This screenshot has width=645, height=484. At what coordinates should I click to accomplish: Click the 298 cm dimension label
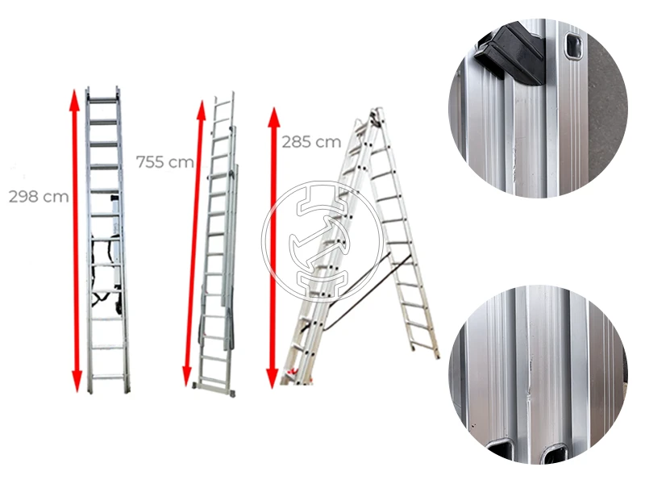[x=39, y=197]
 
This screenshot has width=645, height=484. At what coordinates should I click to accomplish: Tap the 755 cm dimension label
[x=165, y=162]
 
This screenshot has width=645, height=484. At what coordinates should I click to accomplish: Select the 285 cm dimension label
[x=311, y=142]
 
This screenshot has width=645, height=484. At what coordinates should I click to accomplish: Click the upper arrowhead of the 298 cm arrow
[x=74, y=98]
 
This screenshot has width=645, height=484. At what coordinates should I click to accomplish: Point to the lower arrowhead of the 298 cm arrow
[x=77, y=381]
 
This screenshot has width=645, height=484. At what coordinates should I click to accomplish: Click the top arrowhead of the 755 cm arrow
[x=201, y=110]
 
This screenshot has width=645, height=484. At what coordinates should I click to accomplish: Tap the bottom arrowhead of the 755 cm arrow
[x=187, y=377]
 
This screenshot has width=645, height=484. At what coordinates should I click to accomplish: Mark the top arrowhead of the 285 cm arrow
[x=274, y=116]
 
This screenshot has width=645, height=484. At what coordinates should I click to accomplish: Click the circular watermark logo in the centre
[x=322, y=241]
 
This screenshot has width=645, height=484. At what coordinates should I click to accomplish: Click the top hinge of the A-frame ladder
[x=375, y=116]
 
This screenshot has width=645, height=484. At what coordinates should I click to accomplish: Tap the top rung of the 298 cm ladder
[x=103, y=100]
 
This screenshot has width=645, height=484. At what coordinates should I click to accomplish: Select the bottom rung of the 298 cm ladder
[x=108, y=377]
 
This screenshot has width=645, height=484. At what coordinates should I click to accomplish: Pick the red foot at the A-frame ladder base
[x=293, y=372]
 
